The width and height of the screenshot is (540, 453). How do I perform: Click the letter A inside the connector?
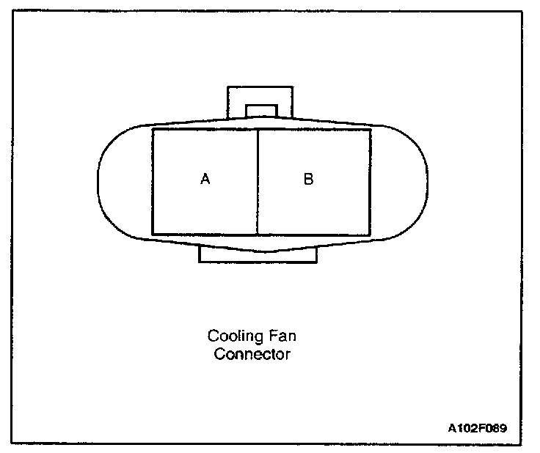205,179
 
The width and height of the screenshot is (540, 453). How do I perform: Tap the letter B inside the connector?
309,179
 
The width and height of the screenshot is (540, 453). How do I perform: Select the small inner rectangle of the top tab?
261,110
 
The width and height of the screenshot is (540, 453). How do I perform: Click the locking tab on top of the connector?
260,96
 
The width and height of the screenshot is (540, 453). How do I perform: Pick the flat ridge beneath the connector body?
258,256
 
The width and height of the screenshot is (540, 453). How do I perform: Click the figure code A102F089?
477,427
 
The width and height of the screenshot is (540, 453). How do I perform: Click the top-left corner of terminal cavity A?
153,130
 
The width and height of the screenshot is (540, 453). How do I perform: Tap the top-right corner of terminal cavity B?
370,130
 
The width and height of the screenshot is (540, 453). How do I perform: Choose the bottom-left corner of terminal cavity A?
153,235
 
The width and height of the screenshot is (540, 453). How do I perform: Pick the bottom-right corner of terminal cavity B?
370,235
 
